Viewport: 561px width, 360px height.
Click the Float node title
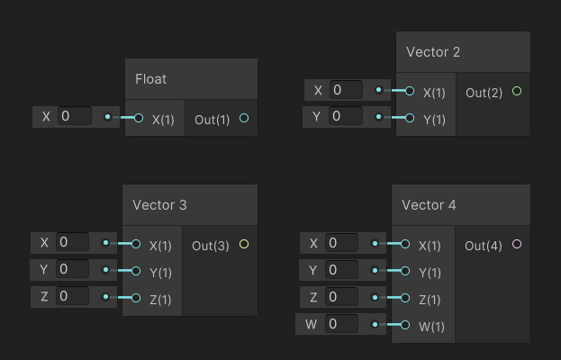point(151,79)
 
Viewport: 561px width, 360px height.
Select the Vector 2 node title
point(433,52)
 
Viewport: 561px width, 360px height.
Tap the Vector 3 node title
point(159,205)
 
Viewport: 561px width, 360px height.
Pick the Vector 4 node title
point(429,205)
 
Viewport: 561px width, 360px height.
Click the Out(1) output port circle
point(244,118)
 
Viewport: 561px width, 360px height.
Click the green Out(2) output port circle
point(516,91)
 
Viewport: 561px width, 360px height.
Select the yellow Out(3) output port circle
point(244,244)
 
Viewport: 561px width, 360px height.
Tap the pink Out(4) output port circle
point(516,244)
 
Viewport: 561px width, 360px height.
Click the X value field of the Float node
point(75,116)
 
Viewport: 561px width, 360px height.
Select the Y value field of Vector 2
point(346,116)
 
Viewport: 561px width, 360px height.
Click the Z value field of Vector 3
point(73,296)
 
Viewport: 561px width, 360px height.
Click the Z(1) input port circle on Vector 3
point(136,298)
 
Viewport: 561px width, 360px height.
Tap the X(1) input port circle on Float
point(139,118)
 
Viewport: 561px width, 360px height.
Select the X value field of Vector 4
point(342,243)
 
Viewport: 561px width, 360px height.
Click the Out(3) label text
point(210,246)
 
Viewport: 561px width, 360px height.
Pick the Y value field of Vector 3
point(73,269)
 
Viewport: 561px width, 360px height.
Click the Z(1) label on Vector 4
point(430,300)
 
